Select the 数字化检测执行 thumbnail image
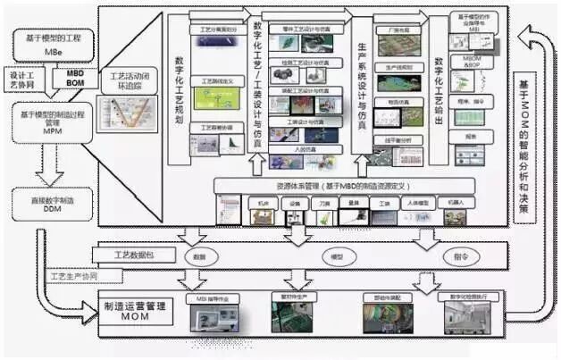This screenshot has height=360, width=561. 466,312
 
